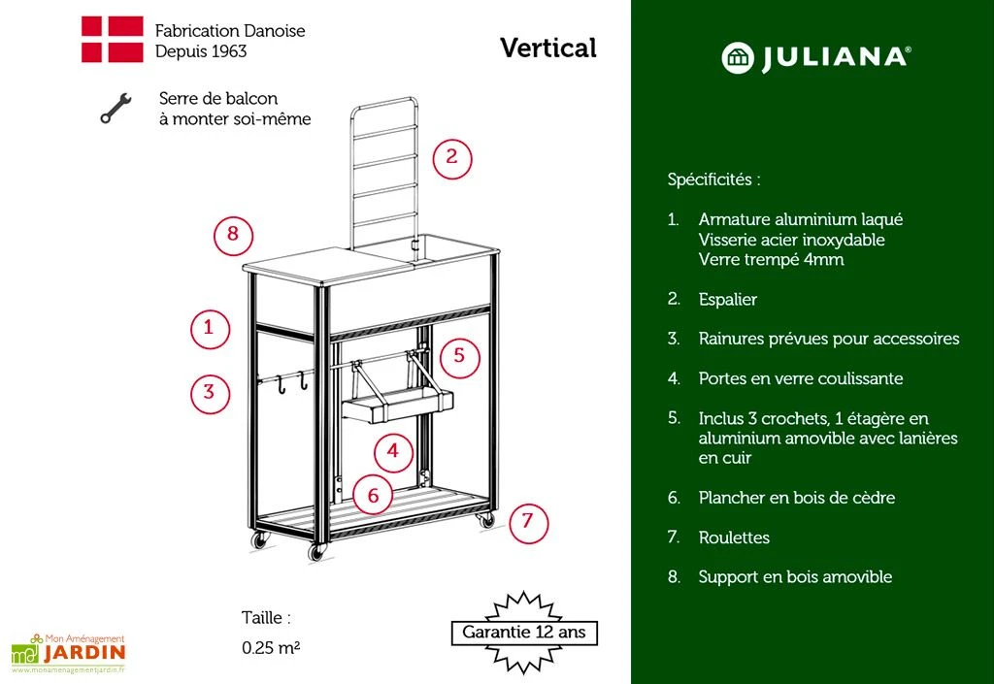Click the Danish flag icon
click(112, 40)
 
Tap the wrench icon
click(115, 108)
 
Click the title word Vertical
click(548, 48)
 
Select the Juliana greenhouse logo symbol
click(738, 57)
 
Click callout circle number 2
click(451, 158)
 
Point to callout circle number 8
click(233, 235)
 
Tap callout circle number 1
click(209, 328)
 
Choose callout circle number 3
click(209, 393)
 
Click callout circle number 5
click(459, 356)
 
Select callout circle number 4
click(392, 451)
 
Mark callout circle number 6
click(373, 496)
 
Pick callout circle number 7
click(527, 522)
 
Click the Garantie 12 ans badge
click(523, 633)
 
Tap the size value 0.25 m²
click(271, 648)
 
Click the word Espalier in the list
click(727, 299)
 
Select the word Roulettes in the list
click(734, 537)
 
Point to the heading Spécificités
click(713, 179)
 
